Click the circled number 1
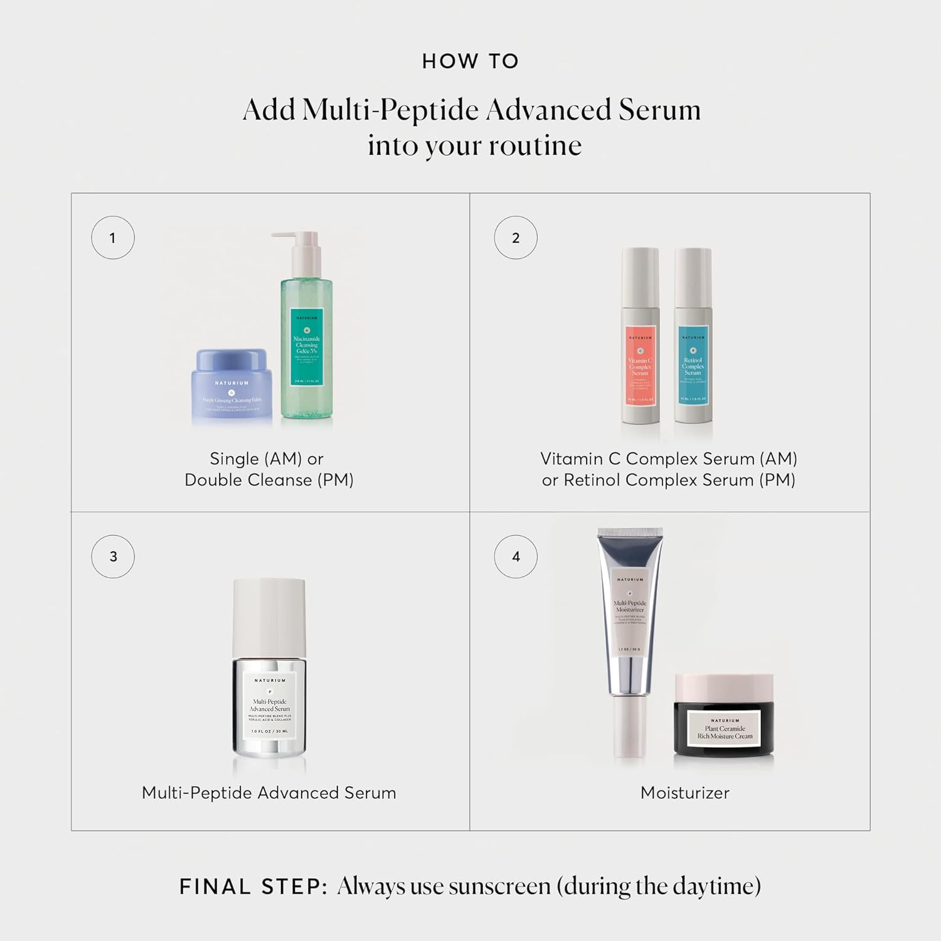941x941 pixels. click(x=113, y=238)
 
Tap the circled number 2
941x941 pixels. click(x=516, y=238)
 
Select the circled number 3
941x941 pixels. click(x=113, y=556)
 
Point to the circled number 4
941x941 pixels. click(x=516, y=556)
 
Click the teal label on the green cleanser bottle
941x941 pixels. click(x=307, y=346)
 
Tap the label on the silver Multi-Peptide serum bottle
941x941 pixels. click(x=270, y=706)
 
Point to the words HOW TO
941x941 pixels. click(x=470, y=61)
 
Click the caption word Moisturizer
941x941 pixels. click(x=684, y=793)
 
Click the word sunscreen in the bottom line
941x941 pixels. click(x=499, y=887)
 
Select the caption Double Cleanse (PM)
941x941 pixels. click(x=269, y=480)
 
